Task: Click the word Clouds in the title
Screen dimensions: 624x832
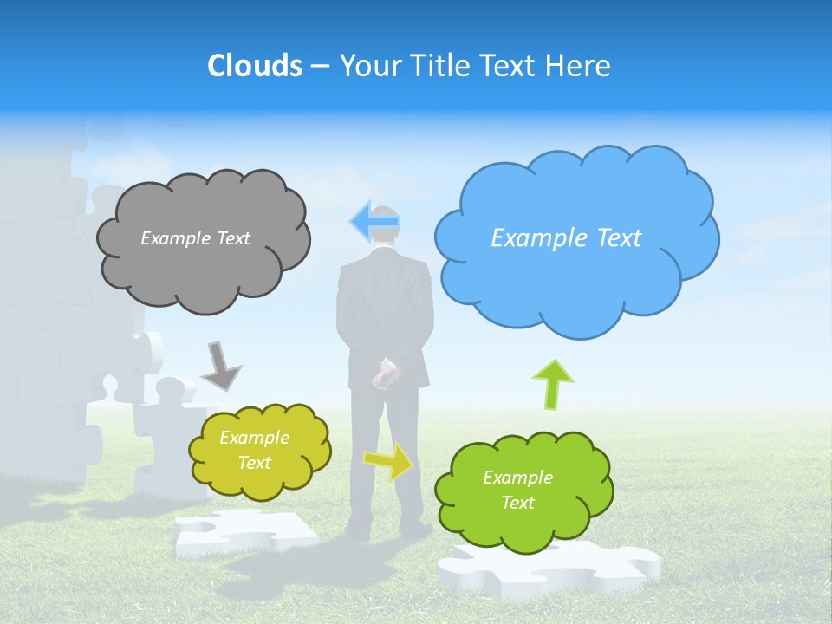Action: [254, 66]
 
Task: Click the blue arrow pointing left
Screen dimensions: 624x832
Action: [374, 222]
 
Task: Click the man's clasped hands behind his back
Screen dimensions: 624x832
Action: [386, 374]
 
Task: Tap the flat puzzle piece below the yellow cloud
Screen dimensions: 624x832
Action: [246, 530]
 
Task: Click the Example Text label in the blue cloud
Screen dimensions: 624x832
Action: [566, 238]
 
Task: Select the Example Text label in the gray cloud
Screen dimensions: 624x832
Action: [195, 238]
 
